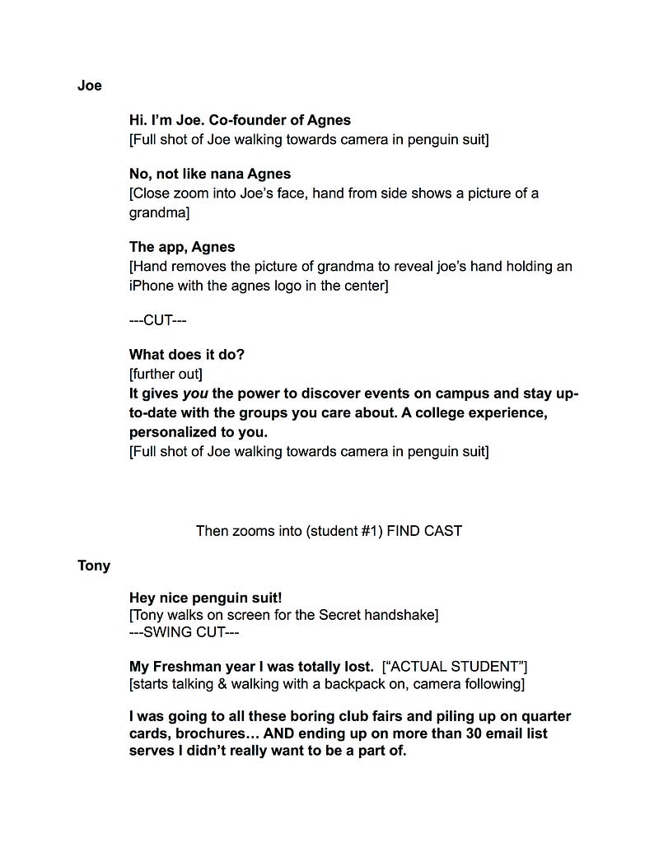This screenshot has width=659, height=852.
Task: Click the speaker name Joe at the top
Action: (89, 86)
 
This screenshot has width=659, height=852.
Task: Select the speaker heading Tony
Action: (94, 566)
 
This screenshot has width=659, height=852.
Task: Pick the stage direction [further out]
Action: (166, 374)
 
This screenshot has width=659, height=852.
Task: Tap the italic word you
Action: (194, 393)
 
